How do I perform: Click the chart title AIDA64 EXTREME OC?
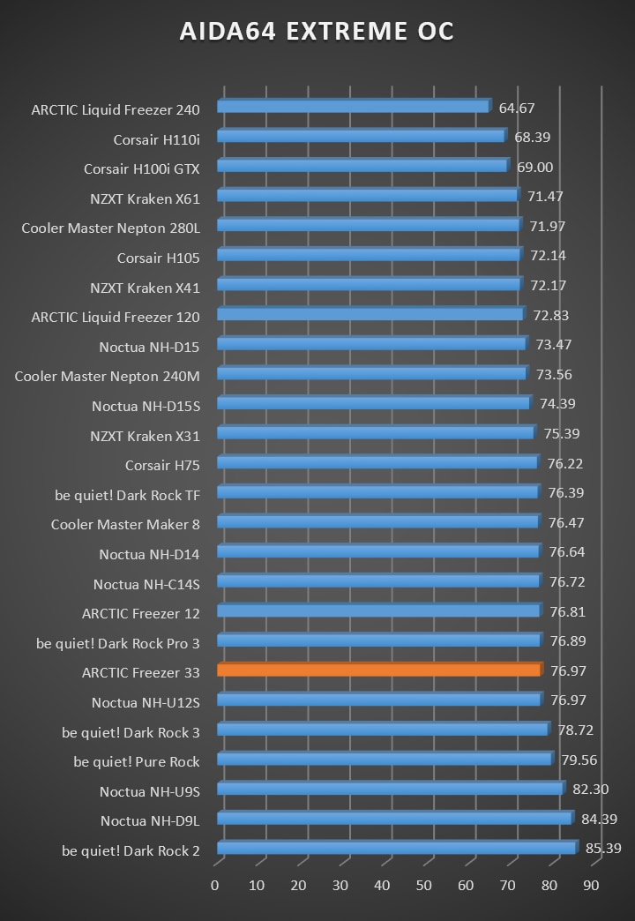317,32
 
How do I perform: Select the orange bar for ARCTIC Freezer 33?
379,670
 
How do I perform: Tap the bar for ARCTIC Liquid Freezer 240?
353,107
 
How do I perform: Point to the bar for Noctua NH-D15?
370,344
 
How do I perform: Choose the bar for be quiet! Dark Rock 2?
396,848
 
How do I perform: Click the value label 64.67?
517,109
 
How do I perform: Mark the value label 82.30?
591,790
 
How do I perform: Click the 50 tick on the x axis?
424,885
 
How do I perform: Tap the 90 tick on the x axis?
591,885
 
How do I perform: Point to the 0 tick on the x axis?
215,885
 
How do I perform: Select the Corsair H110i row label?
156,139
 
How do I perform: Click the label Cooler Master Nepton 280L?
111,228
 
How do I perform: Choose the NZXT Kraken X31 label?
145,436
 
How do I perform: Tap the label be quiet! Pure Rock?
137,761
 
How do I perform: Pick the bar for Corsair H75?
377,462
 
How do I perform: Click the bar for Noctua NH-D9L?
393,819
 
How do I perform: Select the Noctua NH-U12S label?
146,702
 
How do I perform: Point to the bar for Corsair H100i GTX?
362,166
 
